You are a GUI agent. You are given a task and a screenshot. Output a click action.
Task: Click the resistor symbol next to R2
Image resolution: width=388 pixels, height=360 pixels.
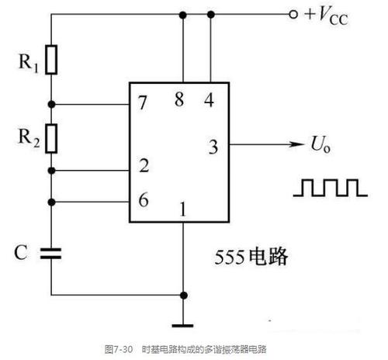click(x=52, y=138)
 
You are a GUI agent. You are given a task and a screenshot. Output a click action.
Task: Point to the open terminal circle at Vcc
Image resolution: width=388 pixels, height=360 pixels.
click(x=293, y=15)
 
